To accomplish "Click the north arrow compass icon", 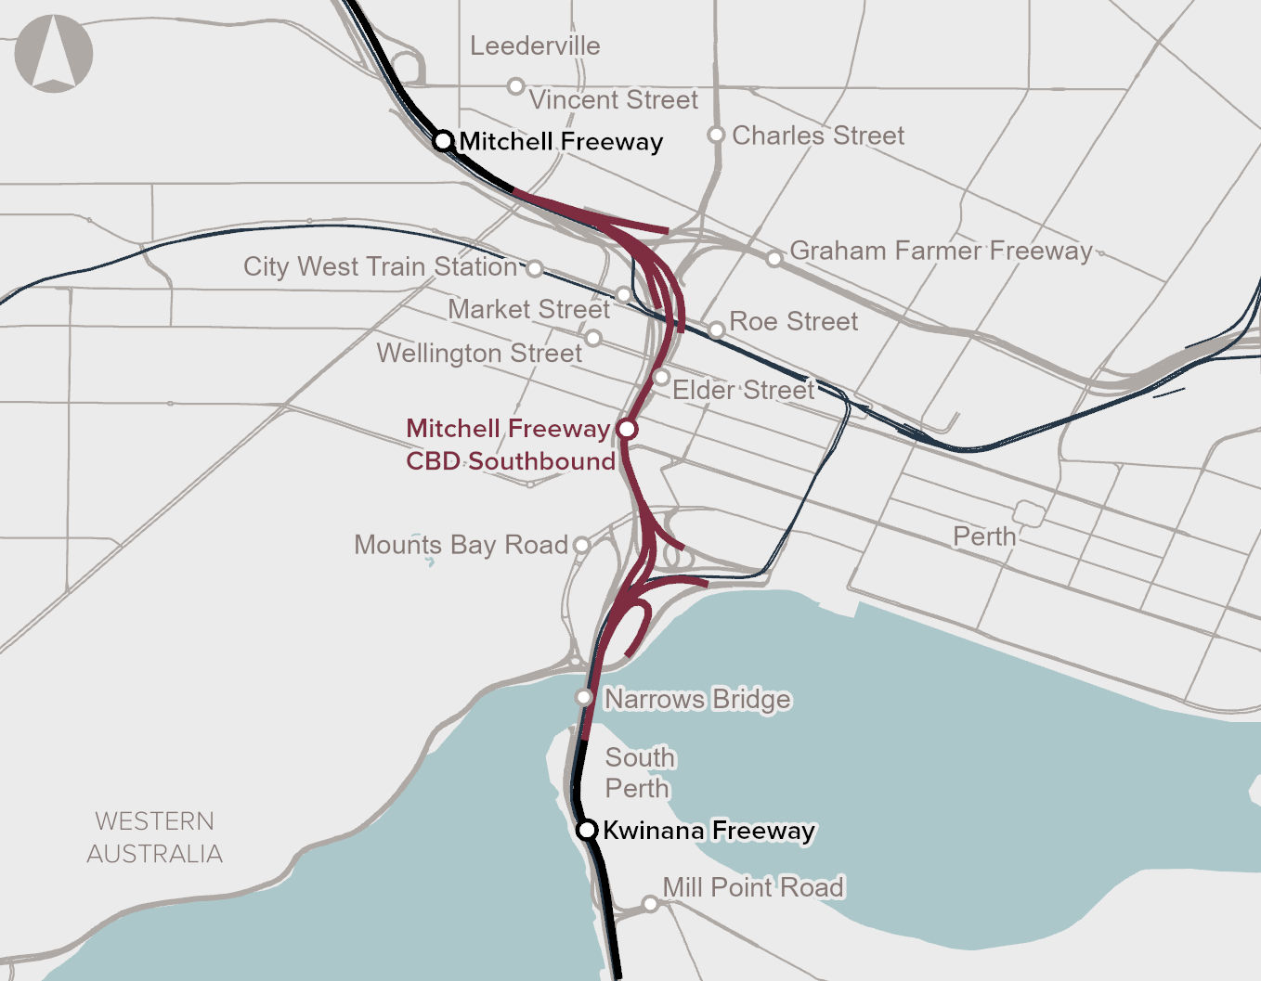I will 54,53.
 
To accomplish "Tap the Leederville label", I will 535,45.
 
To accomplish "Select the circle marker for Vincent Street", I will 515,86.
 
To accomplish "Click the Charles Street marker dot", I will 716,135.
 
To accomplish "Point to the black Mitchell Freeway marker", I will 444,141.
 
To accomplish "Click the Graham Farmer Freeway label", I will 941,251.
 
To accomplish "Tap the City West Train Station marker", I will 535,268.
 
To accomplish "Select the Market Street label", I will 528,309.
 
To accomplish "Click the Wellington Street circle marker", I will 593,338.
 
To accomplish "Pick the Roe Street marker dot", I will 716,329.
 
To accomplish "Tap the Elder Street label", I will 743,390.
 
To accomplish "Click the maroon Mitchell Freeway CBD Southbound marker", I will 627,429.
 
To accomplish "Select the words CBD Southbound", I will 511,461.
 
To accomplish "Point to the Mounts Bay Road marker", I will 581,545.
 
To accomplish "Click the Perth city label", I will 984,536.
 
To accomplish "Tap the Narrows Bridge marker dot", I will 584,697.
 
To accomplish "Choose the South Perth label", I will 639,772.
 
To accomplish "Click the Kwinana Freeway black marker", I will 587,830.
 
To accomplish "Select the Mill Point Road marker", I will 650,903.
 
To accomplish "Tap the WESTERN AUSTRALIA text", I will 155,837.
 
